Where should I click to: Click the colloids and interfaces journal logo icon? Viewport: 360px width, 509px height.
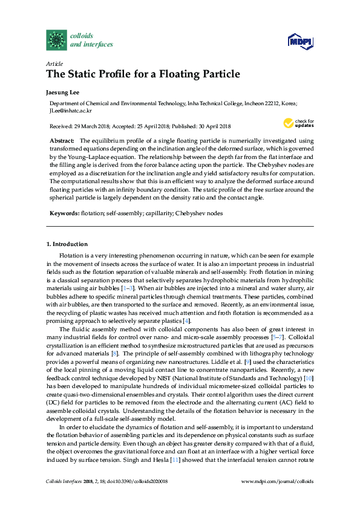coord(57,40)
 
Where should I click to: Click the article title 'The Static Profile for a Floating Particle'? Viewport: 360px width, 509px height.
coord(143,74)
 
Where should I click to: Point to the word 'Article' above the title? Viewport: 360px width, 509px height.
coord(54,63)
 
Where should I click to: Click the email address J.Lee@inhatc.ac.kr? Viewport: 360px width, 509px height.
coord(71,111)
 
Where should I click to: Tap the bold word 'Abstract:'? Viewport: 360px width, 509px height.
coord(62,140)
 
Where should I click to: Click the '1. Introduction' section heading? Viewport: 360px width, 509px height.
coord(67,244)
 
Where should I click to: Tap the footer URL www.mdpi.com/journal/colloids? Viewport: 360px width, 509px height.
coord(277,481)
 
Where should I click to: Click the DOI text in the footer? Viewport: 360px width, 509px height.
coord(138,481)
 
